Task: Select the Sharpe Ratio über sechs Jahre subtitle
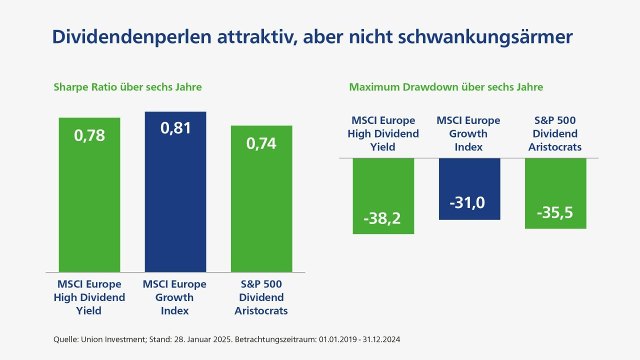click(127, 87)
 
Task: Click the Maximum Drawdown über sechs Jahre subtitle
click(446, 87)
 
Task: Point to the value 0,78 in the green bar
click(89, 135)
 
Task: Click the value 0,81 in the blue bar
click(175, 128)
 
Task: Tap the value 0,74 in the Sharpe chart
click(261, 143)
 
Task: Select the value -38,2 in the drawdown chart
click(383, 218)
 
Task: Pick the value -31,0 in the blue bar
click(469, 203)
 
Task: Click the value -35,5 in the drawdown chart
click(555, 212)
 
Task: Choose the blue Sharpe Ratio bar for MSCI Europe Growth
click(175, 200)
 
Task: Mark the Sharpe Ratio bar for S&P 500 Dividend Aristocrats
click(261, 210)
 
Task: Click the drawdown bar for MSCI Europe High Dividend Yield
click(383, 185)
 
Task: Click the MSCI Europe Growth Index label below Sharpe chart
click(174, 297)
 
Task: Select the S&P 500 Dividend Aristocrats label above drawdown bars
click(555, 133)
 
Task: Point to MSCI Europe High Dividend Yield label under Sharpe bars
click(89, 297)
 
